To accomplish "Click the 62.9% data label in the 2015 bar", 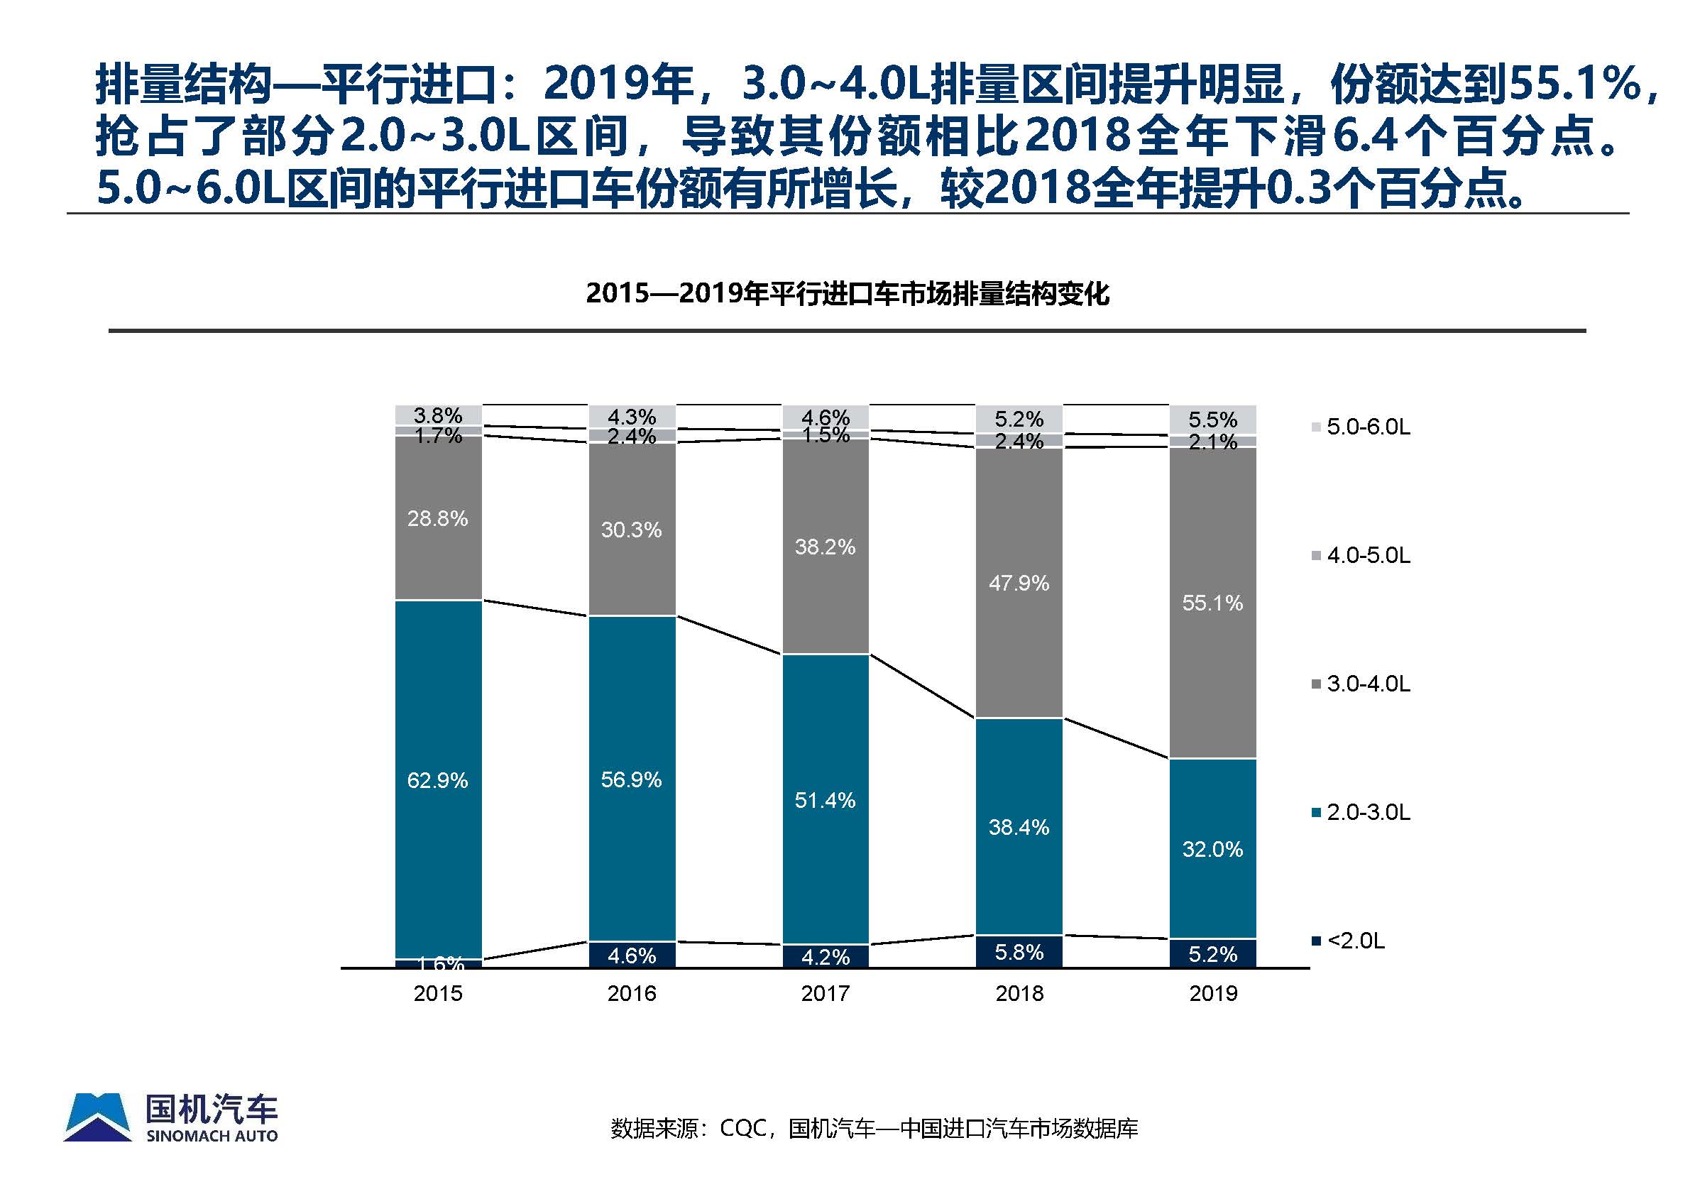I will click(x=437, y=780).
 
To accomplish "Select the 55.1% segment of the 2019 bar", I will click(x=1212, y=603).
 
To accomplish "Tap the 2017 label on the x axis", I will click(x=825, y=993).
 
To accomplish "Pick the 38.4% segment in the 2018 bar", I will click(x=1019, y=827).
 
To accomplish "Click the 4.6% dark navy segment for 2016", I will click(x=632, y=955).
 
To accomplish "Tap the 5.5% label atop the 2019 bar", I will click(x=1212, y=420).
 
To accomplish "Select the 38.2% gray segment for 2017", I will click(x=825, y=547).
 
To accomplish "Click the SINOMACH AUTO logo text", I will click(x=212, y=1137).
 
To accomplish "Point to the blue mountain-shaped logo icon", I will click(x=97, y=1117).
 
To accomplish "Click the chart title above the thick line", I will click(x=847, y=293).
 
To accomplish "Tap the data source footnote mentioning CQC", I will click(x=874, y=1128).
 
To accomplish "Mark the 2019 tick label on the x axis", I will click(x=1212, y=993).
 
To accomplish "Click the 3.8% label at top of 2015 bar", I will click(x=437, y=415).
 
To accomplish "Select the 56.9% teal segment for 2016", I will click(x=632, y=779).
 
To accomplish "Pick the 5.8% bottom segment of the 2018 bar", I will click(x=1019, y=952).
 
